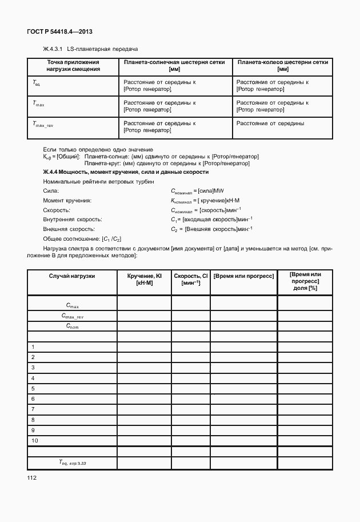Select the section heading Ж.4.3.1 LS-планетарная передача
pyautogui.click(x=90, y=49)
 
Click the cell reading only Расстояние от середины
pyautogui.click(x=270, y=123)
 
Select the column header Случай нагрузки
pyautogui.click(x=72, y=276)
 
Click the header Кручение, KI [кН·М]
pyautogui.click(x=144, y=279)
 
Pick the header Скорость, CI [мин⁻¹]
pyautogui.click(x=190, y=279)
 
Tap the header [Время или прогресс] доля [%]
pyautogui.click(x=305, y=282)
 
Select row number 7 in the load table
pyautogui.click(x=34, y=409)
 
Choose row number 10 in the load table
pyautogui.click(x=35, y=440)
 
